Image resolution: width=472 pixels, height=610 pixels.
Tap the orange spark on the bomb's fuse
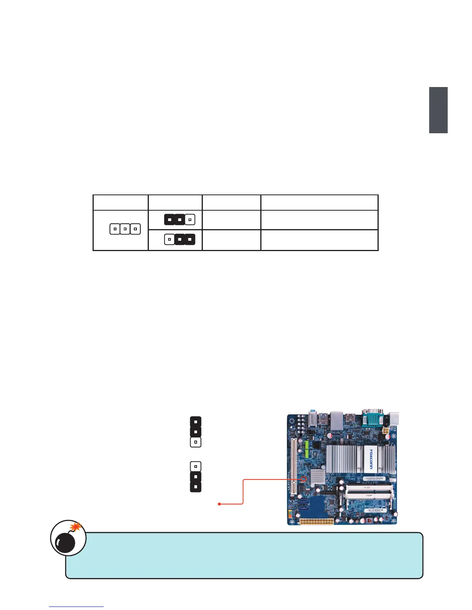pos(77,526)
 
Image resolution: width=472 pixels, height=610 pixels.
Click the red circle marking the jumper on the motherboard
pos(303,479)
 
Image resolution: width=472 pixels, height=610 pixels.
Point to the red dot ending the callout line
pos(219,504)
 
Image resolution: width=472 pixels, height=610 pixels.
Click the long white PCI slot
pos(294,467)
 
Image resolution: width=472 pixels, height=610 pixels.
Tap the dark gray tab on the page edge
pos(438,110)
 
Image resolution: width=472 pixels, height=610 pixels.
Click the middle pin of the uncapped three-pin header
pos(125,229)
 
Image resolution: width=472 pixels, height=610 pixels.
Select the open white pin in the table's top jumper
pos(190,220)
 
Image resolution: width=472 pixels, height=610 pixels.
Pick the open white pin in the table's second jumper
pos(169,240)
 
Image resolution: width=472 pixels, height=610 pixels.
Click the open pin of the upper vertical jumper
pos(196,442)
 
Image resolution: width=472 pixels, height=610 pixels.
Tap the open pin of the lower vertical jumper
pos(196,467)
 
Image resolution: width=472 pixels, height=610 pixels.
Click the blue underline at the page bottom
pos(76,607)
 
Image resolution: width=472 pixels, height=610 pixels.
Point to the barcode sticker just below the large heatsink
pos(372,479)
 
